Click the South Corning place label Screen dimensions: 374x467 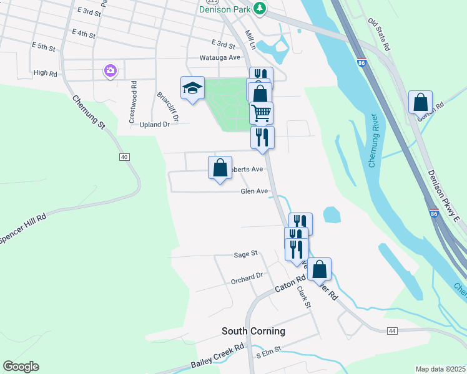(x=253, y=331)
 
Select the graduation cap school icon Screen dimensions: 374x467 (x=192, y=89)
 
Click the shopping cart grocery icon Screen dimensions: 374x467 (x=260, y=112)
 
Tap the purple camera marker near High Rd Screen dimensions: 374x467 (x=111, y=70)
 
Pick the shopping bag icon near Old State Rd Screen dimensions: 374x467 (x=421, y=102)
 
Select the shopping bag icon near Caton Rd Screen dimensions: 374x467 (x=319, y=269)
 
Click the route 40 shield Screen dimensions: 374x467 (x=124, y=156)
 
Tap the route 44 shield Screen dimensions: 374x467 (x=392, y=330)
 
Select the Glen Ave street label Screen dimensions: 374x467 (x=254, y=191)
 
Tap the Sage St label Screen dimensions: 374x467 (x=245, y=254)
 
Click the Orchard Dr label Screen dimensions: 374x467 (x=247, y=276)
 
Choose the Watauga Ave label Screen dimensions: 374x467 (x=219, y=57)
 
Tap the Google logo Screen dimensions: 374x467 (x=21, y=367)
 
